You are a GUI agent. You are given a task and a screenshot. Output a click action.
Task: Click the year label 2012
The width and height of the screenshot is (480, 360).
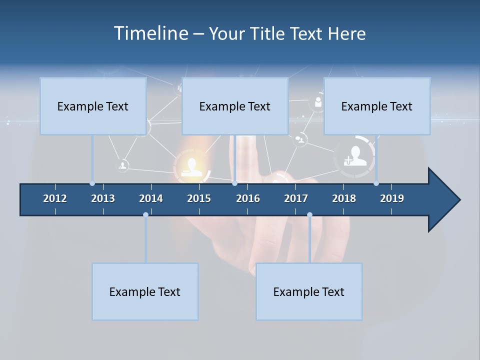coord(55,198)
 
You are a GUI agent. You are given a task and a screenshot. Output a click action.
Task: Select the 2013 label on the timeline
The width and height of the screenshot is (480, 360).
coord(103,198)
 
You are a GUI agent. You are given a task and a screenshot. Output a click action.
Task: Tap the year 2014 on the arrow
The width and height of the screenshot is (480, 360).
coord(151,198)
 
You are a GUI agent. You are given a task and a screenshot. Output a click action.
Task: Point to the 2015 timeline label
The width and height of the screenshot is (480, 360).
coord(199,198)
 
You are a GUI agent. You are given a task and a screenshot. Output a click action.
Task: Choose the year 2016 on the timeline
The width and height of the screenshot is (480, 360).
coord(248,198)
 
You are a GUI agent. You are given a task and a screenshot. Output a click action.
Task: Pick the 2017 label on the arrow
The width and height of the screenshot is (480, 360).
coord(296,198)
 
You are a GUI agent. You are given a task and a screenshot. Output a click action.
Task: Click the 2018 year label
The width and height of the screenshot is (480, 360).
coord(344,198)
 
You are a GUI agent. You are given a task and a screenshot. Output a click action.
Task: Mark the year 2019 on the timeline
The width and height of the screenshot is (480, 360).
coord(392,198)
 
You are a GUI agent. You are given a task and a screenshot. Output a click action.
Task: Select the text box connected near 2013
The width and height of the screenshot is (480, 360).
coord(93,106)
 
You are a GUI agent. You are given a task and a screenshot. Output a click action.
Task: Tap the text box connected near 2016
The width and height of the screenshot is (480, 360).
coord(235,106)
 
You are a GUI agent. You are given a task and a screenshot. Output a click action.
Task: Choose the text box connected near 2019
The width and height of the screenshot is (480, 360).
coord(377,106)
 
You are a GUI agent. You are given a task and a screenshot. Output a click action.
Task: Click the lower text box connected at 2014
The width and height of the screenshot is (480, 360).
coord(145,291)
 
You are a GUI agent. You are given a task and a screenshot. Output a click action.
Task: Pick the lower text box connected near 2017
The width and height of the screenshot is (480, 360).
coord(309,291)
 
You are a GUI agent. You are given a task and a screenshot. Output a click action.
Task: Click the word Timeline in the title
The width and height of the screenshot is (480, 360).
coord(150,33)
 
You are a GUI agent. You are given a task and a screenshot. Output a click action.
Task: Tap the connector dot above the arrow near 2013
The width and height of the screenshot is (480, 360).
coord(92,183)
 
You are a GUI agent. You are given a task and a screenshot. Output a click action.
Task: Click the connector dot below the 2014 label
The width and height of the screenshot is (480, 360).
coord(145,215)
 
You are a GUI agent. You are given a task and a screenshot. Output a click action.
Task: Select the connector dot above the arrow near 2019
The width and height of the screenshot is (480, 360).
coord(376,183)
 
